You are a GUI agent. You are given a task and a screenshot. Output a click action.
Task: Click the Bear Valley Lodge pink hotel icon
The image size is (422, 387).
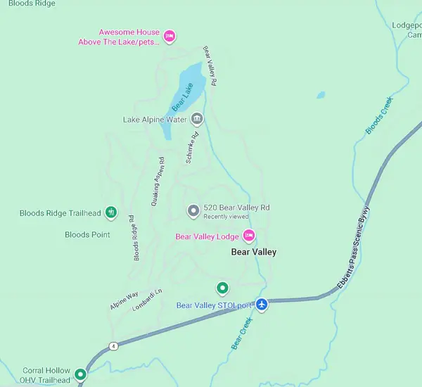pyautogui.click(x=248, y=235)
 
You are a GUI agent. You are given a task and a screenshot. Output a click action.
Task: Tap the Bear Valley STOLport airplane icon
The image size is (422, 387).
pyautogui.click(x=262, y=305)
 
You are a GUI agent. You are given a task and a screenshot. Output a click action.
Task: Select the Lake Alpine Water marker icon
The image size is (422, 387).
pyautogui.click(x=197, y=119)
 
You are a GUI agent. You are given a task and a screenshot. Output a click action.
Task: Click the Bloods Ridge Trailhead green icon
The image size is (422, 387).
pyautogui.click(x=110, y=212)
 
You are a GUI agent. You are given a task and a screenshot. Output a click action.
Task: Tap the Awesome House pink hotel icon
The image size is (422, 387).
pyautogui.click(x=169, y=35)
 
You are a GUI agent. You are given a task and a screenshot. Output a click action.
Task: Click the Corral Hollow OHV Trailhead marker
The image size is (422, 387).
pyautogui.click(x=81, y=375)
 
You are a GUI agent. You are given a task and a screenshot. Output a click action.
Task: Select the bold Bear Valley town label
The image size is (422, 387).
pyautogui.click(x=254, y=252)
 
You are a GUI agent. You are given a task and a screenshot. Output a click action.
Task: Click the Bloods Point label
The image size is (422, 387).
pyautogui.click(x=87, y=234)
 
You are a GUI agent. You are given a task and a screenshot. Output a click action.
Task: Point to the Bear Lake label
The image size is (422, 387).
pyautogui.click(x=182, y=98)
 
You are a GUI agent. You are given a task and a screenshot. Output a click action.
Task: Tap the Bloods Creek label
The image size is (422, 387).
pyautogui.click(x=379, y=115)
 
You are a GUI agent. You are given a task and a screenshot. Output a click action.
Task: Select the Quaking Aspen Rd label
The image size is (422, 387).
pyautogui.click(x=157, y=181)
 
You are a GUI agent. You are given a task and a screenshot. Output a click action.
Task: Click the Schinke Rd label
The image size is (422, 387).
pyautogui.click(x=192, y=148)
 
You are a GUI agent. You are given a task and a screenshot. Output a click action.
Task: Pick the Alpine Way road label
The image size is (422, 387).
pyautogui.click(x=124, y=301)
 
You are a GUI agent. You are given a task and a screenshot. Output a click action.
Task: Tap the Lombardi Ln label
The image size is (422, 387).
pyautogui.click(x=147, y=300)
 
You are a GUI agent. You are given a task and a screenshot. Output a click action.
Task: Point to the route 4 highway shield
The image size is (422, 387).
pyautogui.click(x=113, y=345)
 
